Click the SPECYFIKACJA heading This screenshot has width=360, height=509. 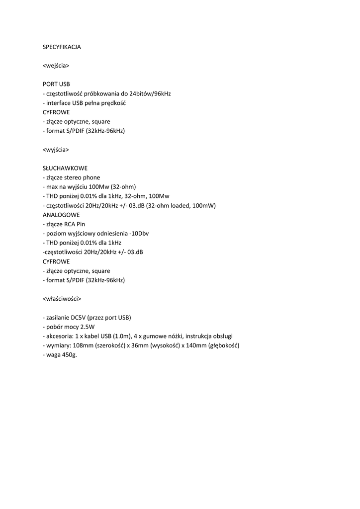[x=62, y=47]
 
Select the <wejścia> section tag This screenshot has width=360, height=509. [x=56, y=65]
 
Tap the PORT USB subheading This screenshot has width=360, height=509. [x=56, y=84]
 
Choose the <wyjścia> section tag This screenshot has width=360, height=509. [x=56, y=149]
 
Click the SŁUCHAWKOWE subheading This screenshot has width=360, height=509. [x=65, y=168]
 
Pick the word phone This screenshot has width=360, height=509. [x=91, y=177]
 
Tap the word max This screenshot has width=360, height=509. [x=51, y=187]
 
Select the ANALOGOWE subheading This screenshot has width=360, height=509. [x=61, y=215]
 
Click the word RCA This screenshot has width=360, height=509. [x=70, y=224]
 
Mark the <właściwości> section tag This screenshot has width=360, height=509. [x=62, y=299]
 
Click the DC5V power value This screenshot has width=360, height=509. [x=81, y=318]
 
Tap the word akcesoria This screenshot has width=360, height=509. [x=59, y=336]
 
